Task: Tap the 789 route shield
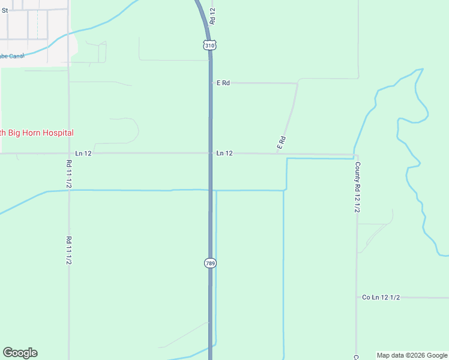coord(209,263)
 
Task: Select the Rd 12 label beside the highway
coord(212,16)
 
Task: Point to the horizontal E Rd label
coord(223,83)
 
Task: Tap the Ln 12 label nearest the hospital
coord(83,154)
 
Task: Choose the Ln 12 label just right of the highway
coord(224,154)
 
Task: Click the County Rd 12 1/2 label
coord(357,187)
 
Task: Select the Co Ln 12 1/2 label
coord(381,298)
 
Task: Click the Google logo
coord(20,353)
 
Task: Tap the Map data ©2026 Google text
coord(412,355)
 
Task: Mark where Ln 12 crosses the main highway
coord(210,154)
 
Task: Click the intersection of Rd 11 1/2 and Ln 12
coord(68,154)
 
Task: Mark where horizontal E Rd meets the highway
coord(210,83)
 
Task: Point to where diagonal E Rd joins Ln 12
coord(277,154)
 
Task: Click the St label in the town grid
coord(5,10)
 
